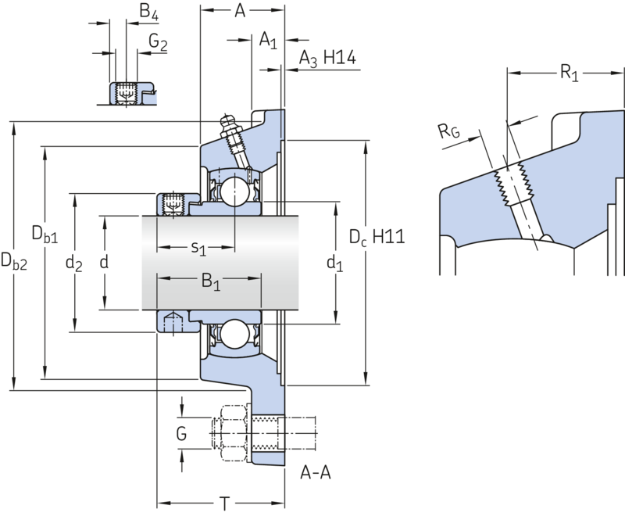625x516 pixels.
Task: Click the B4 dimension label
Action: [x=149, y=12]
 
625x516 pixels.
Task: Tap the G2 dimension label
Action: [x=159, y=42]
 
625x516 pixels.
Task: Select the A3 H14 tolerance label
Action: [x=327, y=59]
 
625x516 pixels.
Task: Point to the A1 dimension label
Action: [x=268, y=41]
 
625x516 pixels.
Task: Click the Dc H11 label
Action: [x=377, y=237]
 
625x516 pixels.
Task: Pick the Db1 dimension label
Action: [x=45, y=234]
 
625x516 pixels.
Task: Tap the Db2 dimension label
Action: [x=14, y=262]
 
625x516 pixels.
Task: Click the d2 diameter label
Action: [x=73, y=263]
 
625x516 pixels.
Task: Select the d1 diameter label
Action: [x=335, y=263]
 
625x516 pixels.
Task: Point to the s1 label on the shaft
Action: [x=198, y=249]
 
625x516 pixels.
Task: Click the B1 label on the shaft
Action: [x=211, y=281]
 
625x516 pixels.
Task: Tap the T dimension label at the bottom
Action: [x=225, y=504]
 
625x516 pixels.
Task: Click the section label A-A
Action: [x=316, y=472]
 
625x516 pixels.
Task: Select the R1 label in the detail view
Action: [x=570, y=73]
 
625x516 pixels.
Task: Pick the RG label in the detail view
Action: [x=449, y=131]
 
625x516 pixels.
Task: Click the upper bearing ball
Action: [x=234, y=191]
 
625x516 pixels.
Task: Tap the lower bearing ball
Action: [x=234, y=334]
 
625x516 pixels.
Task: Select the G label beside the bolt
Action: [x=181, y=433]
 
